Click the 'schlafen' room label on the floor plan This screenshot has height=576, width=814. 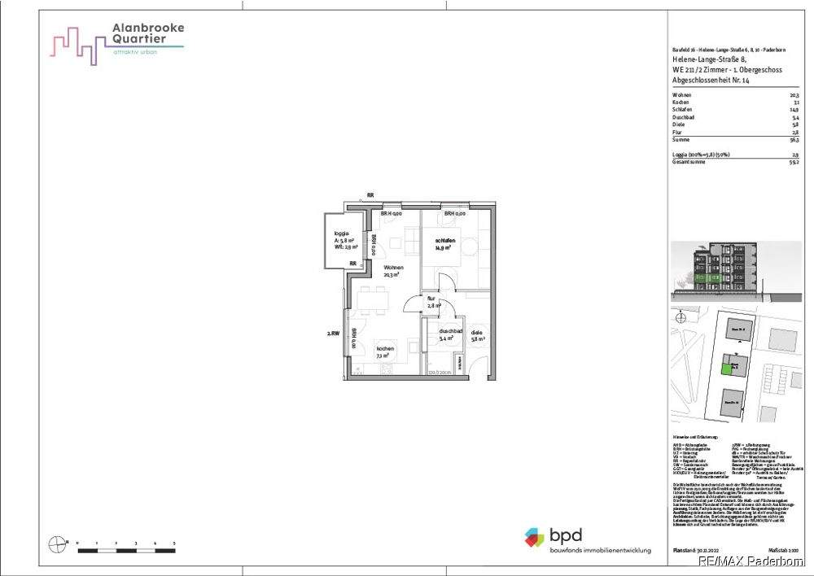[444, 242]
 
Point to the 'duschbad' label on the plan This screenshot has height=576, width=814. [450, 332]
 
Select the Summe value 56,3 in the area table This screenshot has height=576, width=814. [794, 140]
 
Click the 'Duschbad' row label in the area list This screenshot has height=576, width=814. [683, 117]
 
